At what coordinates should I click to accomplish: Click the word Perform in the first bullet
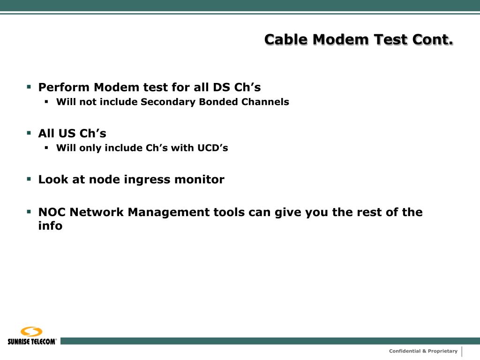click(64, 87)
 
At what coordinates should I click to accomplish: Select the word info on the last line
click(50, 226)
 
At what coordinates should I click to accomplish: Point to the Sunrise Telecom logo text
click(32, 341)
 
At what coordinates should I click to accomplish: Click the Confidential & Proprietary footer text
click(423, 351)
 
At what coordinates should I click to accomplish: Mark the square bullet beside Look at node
click(29, 179)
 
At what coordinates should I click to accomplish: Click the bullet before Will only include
click(47, 148)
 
